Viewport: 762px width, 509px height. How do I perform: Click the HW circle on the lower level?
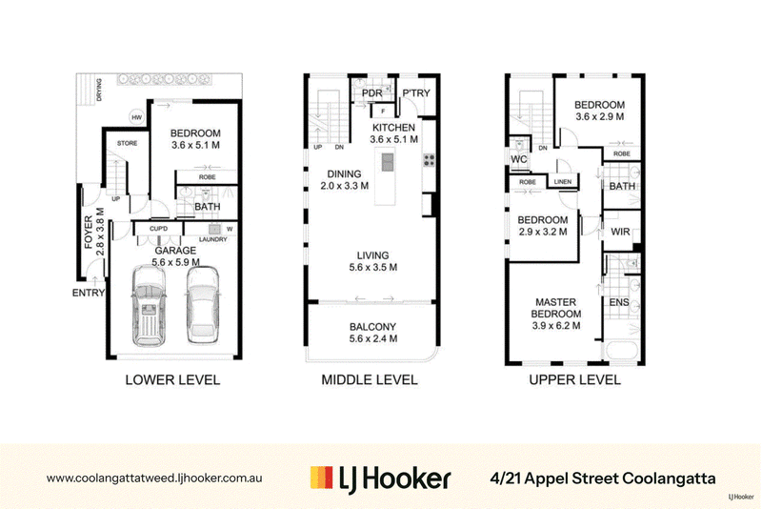136,117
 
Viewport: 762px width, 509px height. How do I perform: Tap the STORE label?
127,143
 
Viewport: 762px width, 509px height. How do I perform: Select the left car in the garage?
149,305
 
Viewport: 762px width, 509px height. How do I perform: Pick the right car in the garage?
203,305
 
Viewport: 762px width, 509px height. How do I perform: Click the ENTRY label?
89,293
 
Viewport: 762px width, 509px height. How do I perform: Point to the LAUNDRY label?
212,239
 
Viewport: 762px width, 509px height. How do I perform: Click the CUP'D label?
158,229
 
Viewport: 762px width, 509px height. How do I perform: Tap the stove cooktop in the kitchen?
429,160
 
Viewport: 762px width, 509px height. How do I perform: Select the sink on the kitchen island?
388,162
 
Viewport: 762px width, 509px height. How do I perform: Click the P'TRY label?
416,92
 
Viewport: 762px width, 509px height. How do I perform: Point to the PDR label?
371,92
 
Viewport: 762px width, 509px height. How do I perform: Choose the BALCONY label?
372,327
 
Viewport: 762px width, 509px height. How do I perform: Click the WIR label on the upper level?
620,232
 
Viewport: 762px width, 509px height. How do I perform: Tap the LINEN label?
563,182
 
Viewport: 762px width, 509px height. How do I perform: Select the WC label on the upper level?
518,159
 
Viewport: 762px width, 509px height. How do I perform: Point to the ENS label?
619,302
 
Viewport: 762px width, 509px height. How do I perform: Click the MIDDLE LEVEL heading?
370,379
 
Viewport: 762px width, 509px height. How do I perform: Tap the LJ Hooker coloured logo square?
322,478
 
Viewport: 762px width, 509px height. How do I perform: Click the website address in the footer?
154,478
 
